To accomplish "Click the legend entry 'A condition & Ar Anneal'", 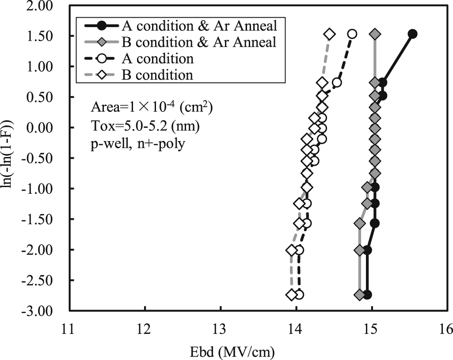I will [198, 26].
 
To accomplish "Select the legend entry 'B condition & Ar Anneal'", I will [198, 42].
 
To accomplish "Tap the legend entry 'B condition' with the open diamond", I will [157, 74].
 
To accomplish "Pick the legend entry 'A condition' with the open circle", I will [157, 58].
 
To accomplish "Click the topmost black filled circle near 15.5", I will [412, 34].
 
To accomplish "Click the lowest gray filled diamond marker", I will [360, 295].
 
